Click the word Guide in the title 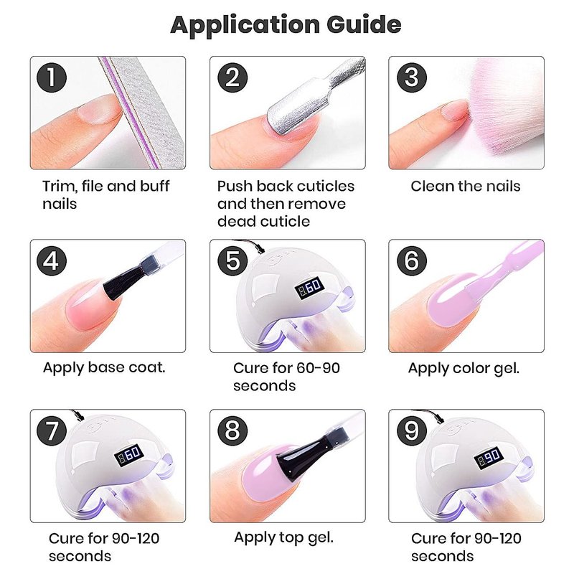(x=364, y=25)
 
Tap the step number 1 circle (x=52, y=77)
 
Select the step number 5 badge (x=232, y=260)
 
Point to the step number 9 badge (x=412, y=430)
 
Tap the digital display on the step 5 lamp (x=309, y=287)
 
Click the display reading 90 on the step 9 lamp (x=489, y=457)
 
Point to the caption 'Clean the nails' (x=465, y=187)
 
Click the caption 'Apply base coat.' (x=104, y=367)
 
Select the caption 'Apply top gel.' (x=283, y=537)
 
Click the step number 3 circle (x=412, y=77)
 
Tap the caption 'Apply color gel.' (x=464, y=368)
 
